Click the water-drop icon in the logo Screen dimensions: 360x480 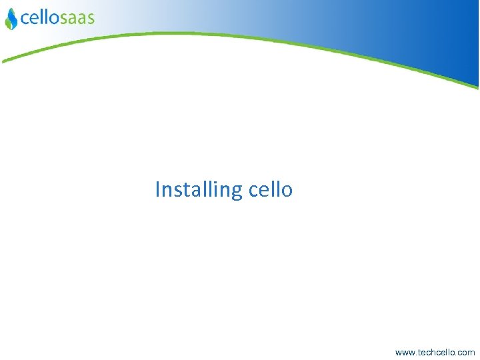pos(11,20)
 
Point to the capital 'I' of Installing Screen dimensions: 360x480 pos(158,189)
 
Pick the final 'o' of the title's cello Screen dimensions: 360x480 pos(287,191)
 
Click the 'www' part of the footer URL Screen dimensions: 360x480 pos(404,352)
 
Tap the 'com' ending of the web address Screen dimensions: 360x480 pos(467,352)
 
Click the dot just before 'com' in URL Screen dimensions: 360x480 pos(458,354)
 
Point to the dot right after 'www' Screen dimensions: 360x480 pos(415,354)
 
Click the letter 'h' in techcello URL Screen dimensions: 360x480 pos(434,351)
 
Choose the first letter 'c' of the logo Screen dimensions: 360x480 pos(25,19)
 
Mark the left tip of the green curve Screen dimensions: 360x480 pos(3,61)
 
